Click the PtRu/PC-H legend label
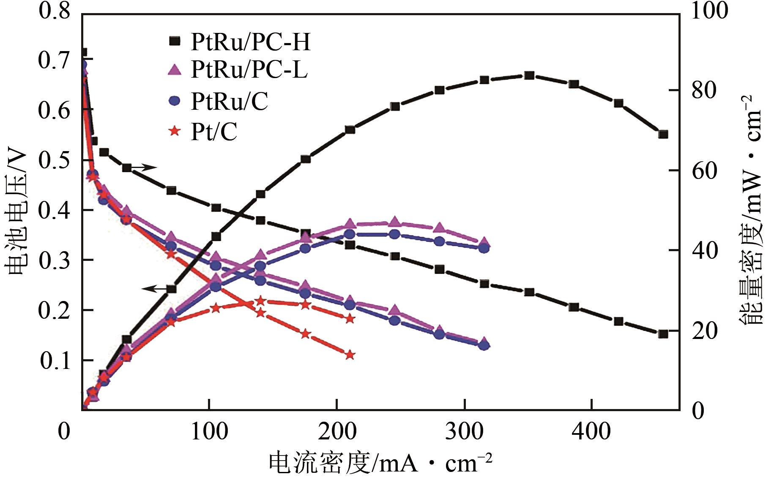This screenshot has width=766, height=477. [250, 41]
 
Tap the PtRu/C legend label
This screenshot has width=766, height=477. [229, 101]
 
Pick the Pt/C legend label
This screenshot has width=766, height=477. [214, 132]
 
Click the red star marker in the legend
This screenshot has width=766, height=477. [174, 131]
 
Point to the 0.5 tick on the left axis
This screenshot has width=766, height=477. [54, 160]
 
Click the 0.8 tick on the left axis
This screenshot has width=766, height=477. [54, 11]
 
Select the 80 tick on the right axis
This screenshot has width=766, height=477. [704, 91]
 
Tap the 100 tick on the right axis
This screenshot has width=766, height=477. [709, 11]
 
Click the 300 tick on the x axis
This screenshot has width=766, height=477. [464, 431]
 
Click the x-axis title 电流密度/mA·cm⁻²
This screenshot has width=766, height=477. [380, 463]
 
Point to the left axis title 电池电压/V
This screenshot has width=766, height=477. [17, 211]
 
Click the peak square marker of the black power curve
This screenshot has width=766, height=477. [529, 76]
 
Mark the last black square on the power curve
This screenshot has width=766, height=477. [663, 134]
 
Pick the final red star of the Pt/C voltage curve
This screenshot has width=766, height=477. [350, 355]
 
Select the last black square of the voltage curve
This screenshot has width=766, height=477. [663, 334]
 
